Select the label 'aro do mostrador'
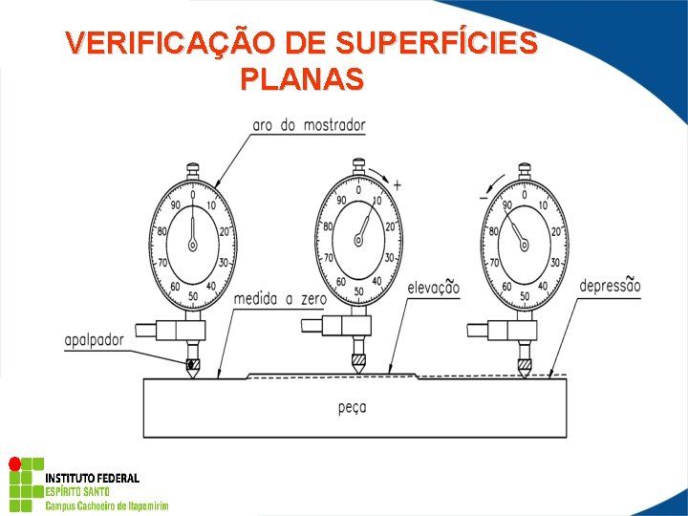pos(309,125)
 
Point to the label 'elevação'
pos(433,288)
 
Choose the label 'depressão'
pos(610,286)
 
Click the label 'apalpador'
pos(95,339)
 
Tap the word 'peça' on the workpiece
pos(352,407)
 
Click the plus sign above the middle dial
pos(397,184)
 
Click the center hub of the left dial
pos(193,245)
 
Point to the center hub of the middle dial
pos(358,241)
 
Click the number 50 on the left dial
pos(193,296)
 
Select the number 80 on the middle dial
pos(328,226)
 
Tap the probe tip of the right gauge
pos(524,372)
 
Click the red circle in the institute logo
pos(14,464)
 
